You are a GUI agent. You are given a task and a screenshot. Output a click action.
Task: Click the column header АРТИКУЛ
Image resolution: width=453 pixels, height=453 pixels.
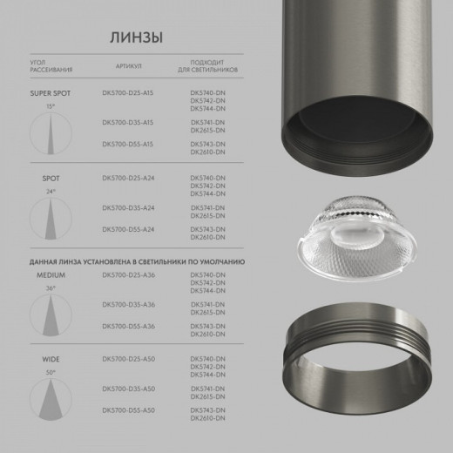(x=127, y=66)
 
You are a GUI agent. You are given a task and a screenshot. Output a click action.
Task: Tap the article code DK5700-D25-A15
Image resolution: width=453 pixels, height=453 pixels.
(x=127, y=92)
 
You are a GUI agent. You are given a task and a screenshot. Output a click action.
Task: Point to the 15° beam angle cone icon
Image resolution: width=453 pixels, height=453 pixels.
(x=51, y=130)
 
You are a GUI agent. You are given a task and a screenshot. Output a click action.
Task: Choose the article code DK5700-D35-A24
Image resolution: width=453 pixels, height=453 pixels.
(x=127, y=207)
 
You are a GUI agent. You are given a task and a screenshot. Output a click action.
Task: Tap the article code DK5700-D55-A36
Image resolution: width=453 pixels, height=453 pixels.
(x=127, y=326)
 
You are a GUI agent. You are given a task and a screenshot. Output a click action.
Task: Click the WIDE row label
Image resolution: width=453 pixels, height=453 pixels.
(x=51, y=358)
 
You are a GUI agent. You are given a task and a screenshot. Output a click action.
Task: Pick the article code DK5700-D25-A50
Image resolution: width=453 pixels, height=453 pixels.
(x=127, y=358)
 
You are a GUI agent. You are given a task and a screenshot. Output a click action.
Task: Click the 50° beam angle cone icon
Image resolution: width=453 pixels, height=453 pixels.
(x=51, y=396)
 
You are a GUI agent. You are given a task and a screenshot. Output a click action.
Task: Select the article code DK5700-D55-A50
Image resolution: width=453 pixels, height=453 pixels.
(x=127, y=409)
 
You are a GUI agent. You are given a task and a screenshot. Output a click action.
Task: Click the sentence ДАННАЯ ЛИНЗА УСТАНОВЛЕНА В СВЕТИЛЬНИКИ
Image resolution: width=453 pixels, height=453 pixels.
(x=135, y=260)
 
